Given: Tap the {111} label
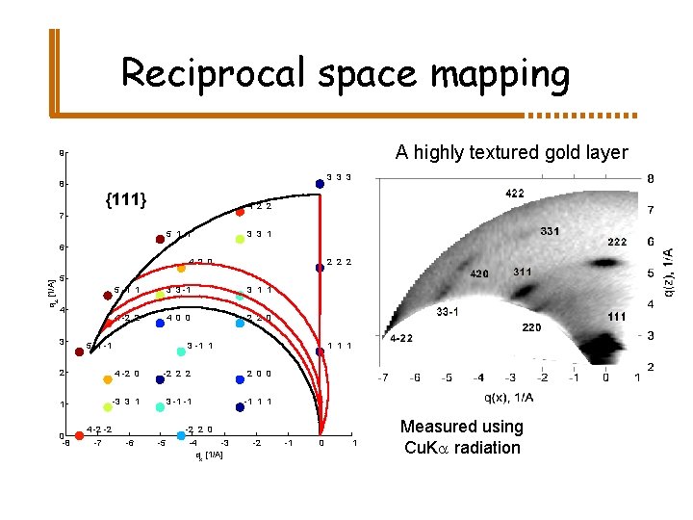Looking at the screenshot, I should [126, 199].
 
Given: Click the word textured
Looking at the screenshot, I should [476, 152].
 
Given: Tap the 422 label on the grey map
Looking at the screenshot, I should [515, 194].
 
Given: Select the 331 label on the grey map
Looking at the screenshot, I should [551, 231].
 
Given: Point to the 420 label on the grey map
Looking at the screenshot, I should [478, 274].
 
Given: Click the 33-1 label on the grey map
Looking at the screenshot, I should [447, 312].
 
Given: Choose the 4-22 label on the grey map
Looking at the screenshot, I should [402, 339].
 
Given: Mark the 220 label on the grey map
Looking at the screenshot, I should [531, 328].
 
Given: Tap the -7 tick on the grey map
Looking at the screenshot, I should [384, 377].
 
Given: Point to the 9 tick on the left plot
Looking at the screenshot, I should [62, 152].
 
